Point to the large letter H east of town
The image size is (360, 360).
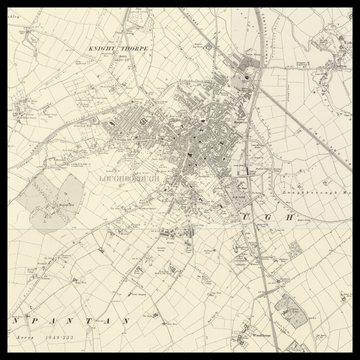(291, 215)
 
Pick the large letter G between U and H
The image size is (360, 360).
(268, 215)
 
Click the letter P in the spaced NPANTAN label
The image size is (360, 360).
(37, 320)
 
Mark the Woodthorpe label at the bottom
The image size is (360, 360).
(262, 334)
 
